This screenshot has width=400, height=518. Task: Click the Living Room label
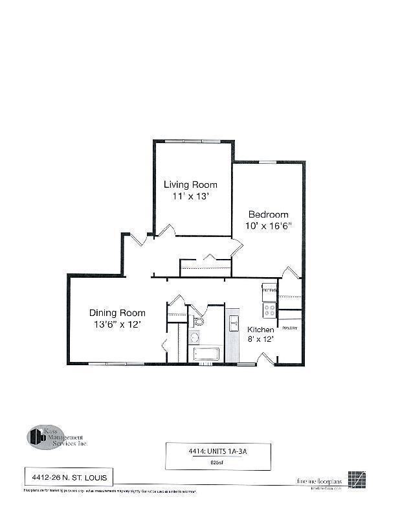click(x=190, y=185)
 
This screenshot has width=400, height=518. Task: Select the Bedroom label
click(x=269, y=214)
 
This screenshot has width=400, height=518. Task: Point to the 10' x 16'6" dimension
click(x=269, y=226)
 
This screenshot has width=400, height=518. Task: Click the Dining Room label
click(x=117, y=313)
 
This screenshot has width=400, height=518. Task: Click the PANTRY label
click(x=289, y=327)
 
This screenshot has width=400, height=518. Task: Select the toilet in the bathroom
click(x=198, y=321)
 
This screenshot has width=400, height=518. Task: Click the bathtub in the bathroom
click(x=205, y=354)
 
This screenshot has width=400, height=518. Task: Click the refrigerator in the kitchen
click(x=269, y=291)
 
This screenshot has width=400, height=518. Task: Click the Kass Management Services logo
click(x=56, y=437)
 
